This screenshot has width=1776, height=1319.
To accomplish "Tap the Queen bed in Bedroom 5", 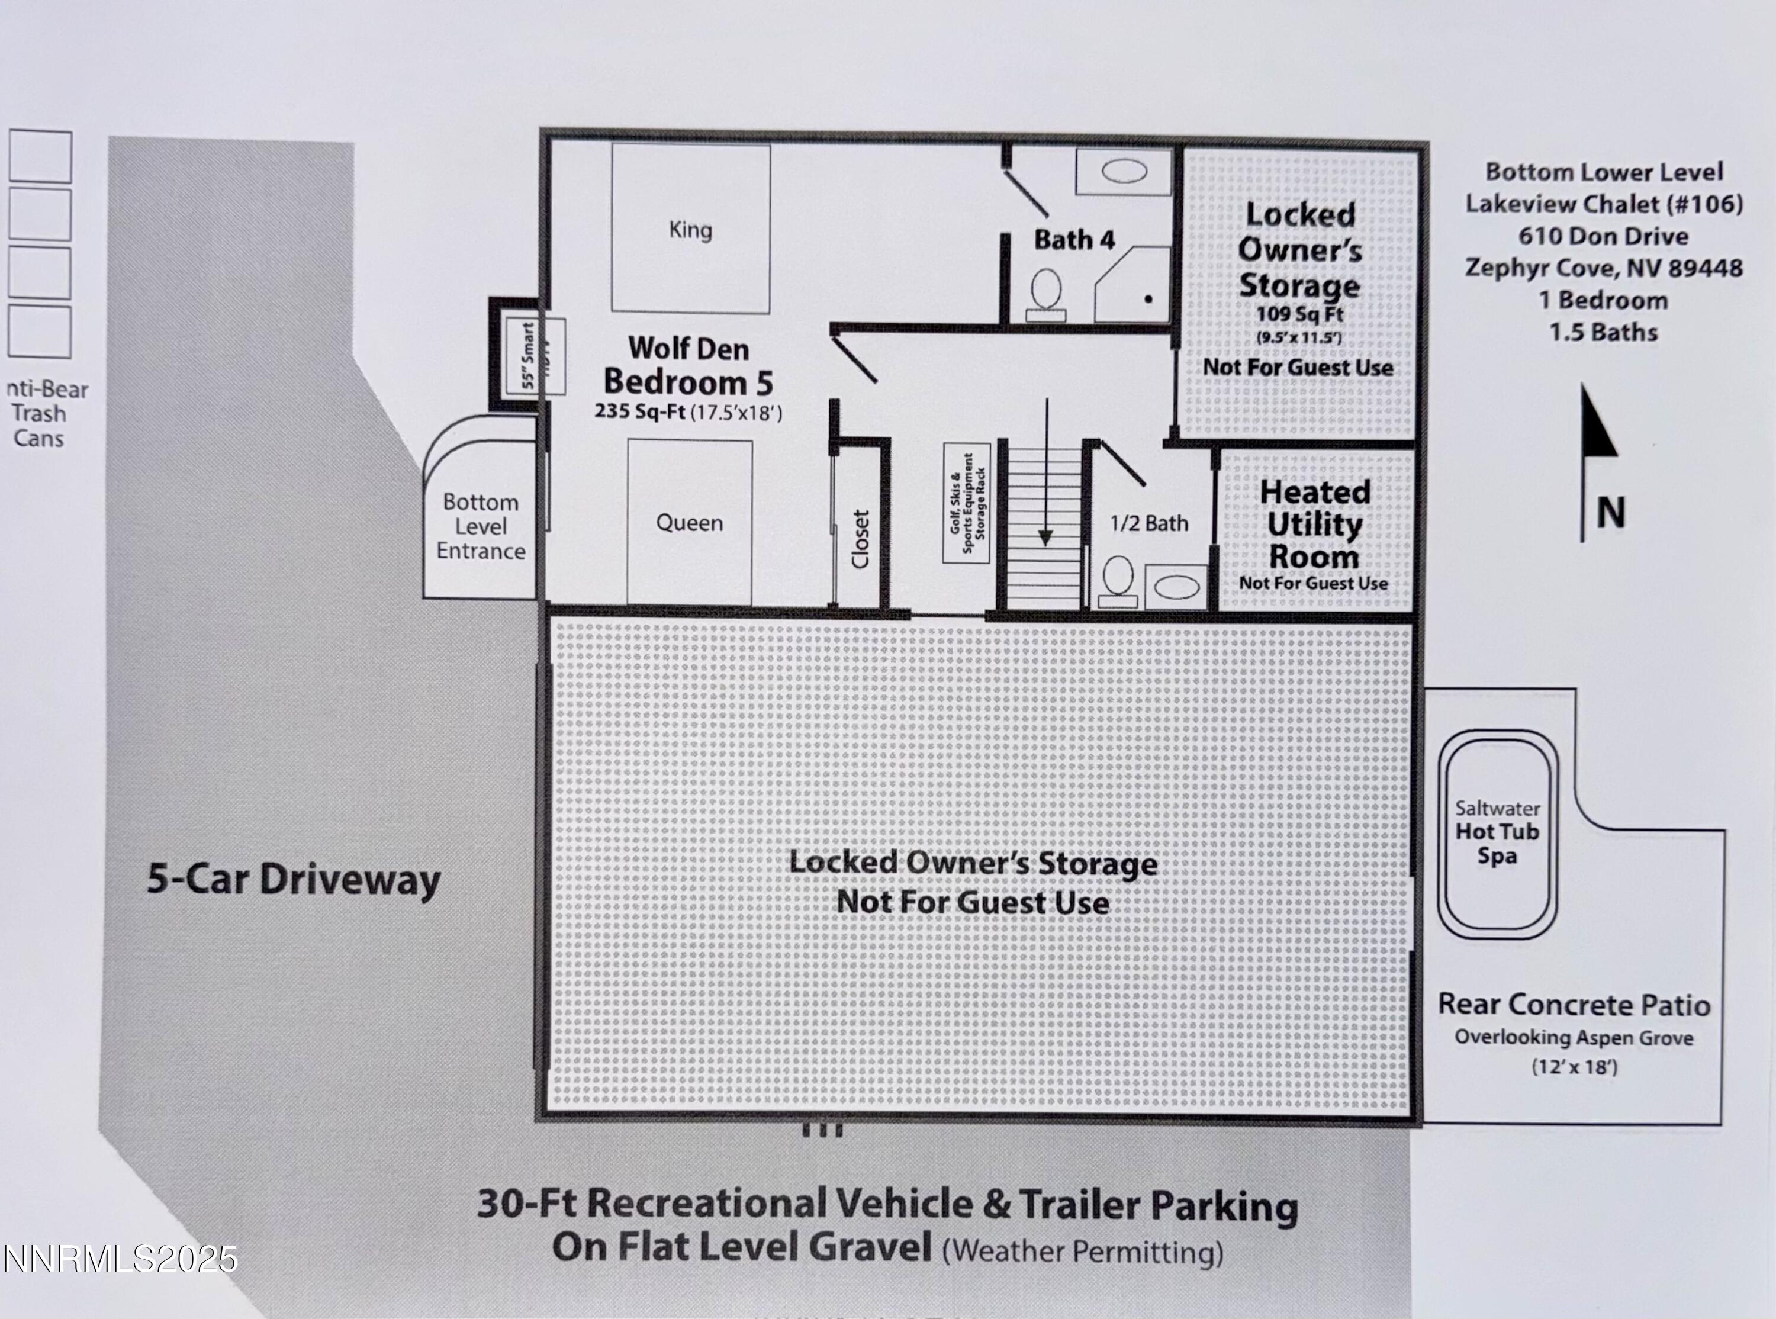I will pyautogui.click(x=690, y=523).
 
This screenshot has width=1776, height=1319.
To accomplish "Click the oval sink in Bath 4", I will pyautogui.click(x=1124, y=171).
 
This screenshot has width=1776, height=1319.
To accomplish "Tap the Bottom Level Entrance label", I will pyautogui.click(x=481, y=527).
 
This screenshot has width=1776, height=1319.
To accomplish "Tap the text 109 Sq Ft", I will pyautogui.click(x=1299, y=314).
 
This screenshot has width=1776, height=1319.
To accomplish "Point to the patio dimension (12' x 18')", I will pyautogui.click(x=1574, y=1067).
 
